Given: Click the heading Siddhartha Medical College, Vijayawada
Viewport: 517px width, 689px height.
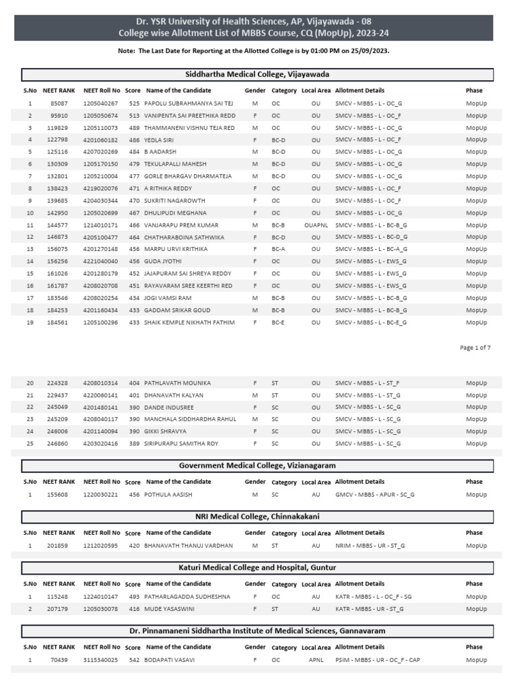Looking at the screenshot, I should pyautogui.click(x=257, y=74).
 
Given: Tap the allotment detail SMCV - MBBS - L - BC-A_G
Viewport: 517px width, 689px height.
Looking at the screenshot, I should pyautogui.click(x=370, y=249).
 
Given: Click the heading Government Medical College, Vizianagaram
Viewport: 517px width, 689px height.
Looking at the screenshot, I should pyautogui.click(x=257, y=466).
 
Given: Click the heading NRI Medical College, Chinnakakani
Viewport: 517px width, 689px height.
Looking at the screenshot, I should pyautogui.click(x=257, y=517).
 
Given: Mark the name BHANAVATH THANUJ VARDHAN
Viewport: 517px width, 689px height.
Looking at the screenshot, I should pyautogui.click(x=188, y=546).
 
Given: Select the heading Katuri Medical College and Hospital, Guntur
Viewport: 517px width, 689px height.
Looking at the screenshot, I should pyautogui.click(x=257, y=568).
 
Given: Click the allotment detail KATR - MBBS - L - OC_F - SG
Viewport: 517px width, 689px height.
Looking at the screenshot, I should pyautogui.click(x=374, y=597).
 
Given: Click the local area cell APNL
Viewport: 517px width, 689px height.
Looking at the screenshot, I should pyautogui.click(x=316, y=660).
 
